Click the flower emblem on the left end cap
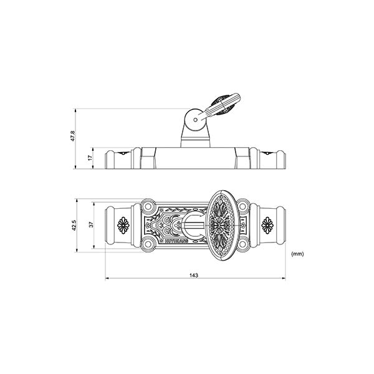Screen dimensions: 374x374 tap(123, 225)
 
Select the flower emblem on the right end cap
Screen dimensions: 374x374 tap(268, 225)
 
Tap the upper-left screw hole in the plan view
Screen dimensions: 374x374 tap(147, 206)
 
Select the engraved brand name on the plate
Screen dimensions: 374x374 tap(176, 239)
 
